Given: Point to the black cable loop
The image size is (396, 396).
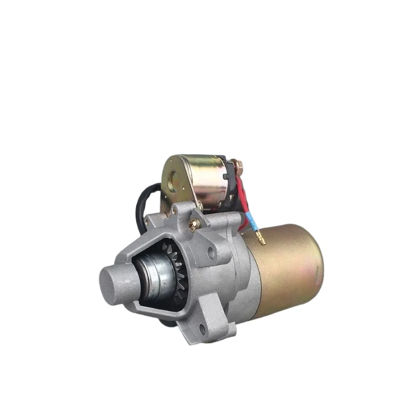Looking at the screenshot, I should click(141, 200).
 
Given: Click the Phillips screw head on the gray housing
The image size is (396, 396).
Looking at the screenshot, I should click(195, 224).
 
